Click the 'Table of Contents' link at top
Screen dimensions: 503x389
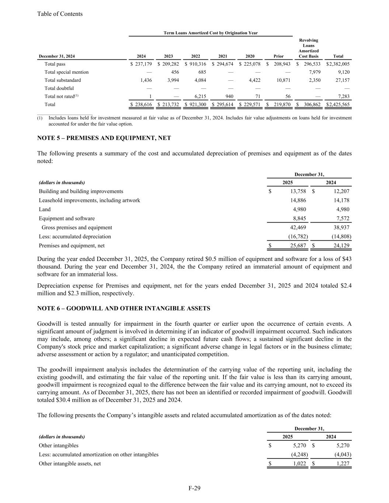click(60, 14)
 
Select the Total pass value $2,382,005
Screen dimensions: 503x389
click(338, 64)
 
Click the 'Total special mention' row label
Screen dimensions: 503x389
click(66, 72)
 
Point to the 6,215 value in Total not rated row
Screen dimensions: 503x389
click(200, 97)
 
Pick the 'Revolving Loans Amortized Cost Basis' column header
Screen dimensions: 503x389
click(309, 48)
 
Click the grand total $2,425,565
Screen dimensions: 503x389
click(338, 105)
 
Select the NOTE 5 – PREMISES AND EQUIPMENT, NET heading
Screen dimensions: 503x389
click(104, 138)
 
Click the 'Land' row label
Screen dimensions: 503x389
click(45, 209)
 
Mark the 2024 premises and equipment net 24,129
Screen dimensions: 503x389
click(341, 246)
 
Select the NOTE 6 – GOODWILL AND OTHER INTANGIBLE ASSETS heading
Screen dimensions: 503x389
click(124, 308)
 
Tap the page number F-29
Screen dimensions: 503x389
click(194, 489)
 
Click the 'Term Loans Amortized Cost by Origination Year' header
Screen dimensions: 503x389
click(211, 33)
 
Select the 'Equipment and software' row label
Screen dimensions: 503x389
click(67, 219)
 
